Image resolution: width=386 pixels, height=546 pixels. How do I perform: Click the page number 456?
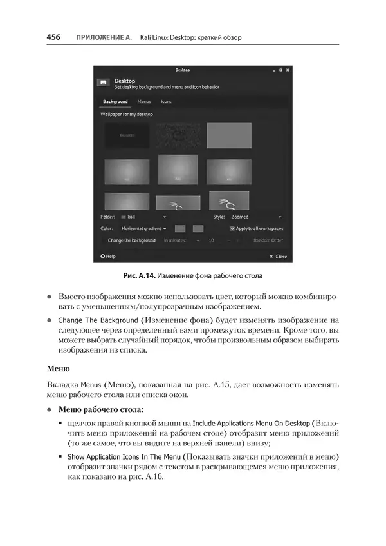53,37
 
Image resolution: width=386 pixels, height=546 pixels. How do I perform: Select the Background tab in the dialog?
115,102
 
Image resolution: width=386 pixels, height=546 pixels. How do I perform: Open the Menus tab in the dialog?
136,102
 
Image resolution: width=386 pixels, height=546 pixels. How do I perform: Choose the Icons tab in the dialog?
166,102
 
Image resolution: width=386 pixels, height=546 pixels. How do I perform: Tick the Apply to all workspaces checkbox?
233,228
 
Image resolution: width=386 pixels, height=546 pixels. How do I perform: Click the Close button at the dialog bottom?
279,257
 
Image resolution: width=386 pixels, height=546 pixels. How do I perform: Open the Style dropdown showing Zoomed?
256,217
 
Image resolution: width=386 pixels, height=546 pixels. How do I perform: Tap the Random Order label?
268,240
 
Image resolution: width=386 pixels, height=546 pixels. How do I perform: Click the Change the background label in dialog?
132,240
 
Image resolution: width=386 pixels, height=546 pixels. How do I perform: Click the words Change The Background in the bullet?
98,320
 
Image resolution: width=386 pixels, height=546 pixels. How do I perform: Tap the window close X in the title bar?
288,70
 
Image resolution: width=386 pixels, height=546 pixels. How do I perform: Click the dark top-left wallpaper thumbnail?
127,135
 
